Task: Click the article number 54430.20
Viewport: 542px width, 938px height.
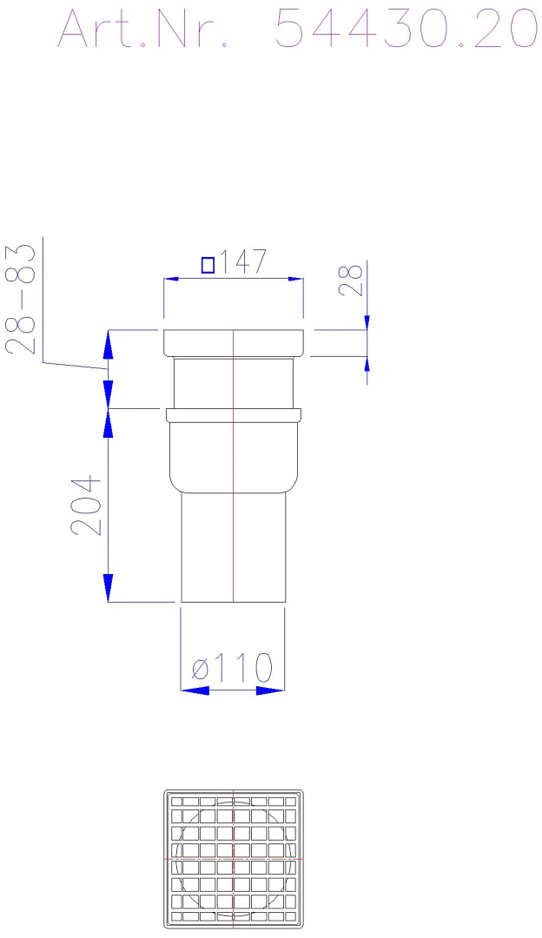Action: click(x=406, y=29)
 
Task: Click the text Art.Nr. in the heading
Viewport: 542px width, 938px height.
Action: click(x=143, y=29)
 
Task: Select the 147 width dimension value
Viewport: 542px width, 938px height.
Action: click(x=241, y=262)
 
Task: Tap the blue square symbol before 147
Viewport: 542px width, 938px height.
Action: click(x=208, y=264)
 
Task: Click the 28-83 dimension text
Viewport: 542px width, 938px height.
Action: click(x=20, y=299)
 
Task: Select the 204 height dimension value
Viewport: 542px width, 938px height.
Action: click(x=86, y=505)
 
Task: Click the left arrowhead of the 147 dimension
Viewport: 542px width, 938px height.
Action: click(x=172, y=279)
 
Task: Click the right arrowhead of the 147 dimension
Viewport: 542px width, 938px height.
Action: click(x=295, y=279)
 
